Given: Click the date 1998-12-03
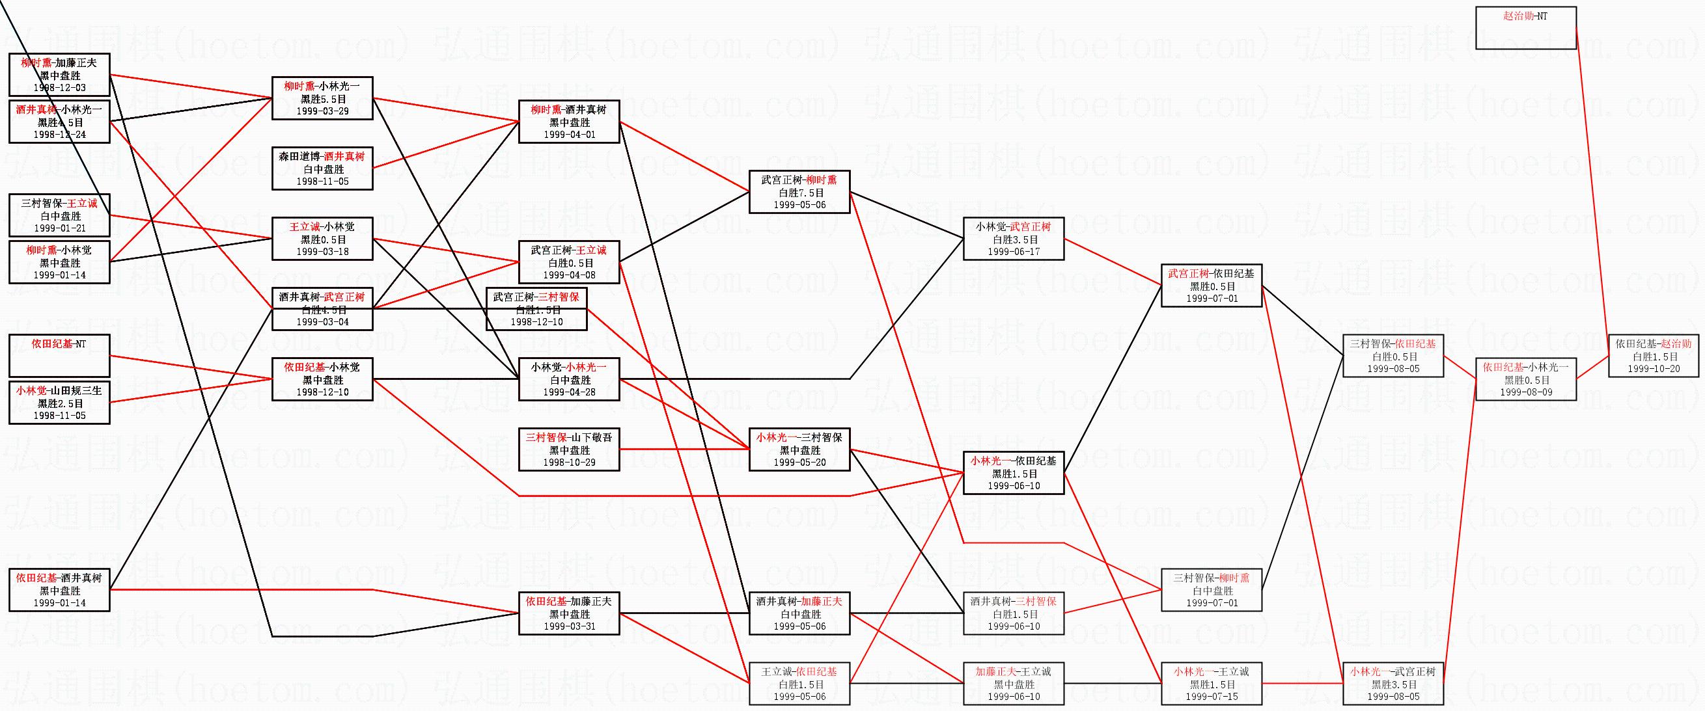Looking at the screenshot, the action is pos(60,87).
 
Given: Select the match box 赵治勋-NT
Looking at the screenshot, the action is pos(1525,28).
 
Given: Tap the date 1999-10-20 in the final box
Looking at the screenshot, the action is pos(1654,369).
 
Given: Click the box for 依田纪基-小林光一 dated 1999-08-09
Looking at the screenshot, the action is pos(1525,380).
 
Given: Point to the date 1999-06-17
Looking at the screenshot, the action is pos(1014,251).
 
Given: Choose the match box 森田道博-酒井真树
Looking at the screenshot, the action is pos(322,168).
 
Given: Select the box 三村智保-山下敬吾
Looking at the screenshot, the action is pos(569,449).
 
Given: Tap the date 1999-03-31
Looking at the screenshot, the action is pos(569,626).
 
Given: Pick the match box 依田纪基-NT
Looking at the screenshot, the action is pos(60,356).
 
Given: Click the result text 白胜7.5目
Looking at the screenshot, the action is pos(799,193).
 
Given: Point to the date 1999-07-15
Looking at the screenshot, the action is pos(1212,696).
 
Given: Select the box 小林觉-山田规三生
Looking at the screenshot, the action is pos(60,403).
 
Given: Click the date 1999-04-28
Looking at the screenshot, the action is pos(569,392).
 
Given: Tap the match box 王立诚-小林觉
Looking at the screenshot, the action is pos(322,239).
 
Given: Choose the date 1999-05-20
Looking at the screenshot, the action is pos(799,463).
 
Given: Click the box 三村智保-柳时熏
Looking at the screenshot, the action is pos(1212,590).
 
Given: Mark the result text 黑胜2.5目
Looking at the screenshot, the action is pos(60,403).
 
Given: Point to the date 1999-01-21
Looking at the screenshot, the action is pos(60,228).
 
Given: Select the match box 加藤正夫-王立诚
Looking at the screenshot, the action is pos(1014,684).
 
